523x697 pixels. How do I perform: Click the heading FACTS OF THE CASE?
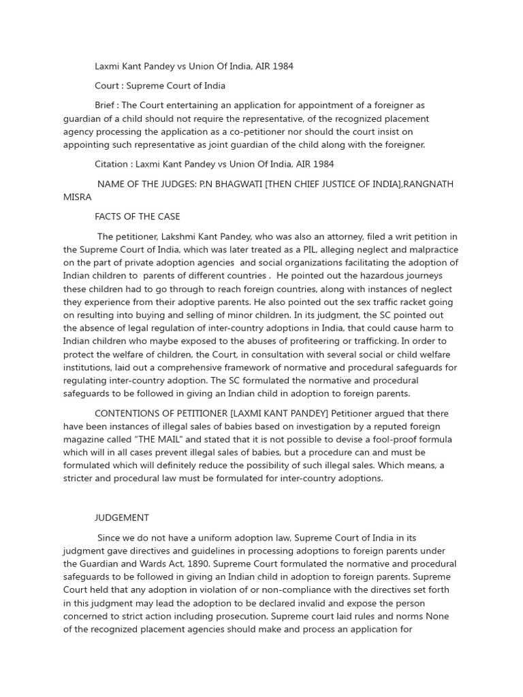137,216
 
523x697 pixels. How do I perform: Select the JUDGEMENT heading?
121,518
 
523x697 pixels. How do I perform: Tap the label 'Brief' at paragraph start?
107,106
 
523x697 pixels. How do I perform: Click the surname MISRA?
77,197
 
